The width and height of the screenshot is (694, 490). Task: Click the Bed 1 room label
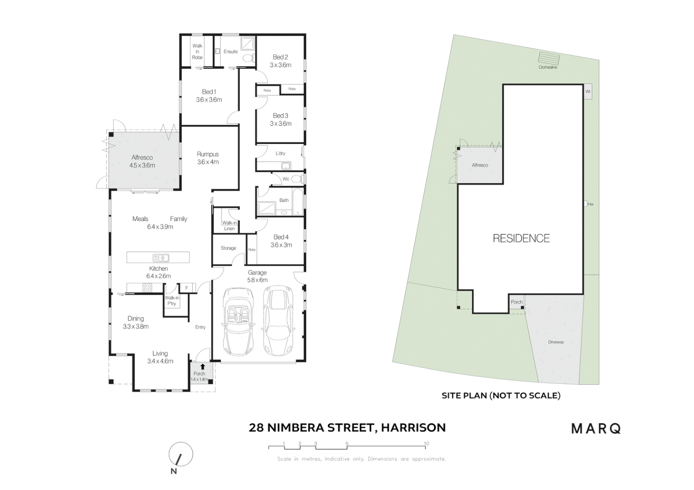pyautogui.click(x=209, y=92)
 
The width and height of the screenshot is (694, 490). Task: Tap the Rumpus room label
pyautogui.click(x=208, y=154)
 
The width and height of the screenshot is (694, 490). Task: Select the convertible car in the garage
pyautogui.click(x=237, y=322)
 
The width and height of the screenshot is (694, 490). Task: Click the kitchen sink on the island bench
pyautogui.click(x=161, y=258)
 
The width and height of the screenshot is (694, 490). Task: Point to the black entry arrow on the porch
pyautogui.click(x=203, y=366)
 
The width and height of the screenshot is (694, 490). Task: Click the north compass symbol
pyautogui.click(x=180, y=455)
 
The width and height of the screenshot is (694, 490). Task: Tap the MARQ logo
pyautogui.click(x=595, y=428)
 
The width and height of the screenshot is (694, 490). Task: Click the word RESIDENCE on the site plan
pyautogui.click(x=521, y=238)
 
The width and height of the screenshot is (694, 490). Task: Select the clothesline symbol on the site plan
pyautogui.click(x=549, y=58)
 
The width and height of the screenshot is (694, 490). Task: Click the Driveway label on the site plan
pyautogui.click(x=555, y=342)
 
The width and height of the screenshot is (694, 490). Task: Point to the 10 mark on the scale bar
pyautogui.click(x=426, y=444)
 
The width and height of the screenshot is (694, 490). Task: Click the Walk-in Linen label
pyautogui.click(x=229, y=225)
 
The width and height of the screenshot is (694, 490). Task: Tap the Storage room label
pyautogui.click(x=228, y=248)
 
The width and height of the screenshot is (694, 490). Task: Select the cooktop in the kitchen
pyautogui.click(x=147, y=287)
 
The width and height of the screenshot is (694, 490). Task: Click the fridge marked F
pyautogui.click(x=186, y=288)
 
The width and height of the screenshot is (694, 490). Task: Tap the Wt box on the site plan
pyautogui.click(x=588, y=92)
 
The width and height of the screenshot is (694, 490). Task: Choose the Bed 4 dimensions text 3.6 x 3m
pyautogui.click(x=281, y=245)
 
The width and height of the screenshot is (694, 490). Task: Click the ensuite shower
pyautogui.click(x=248, y=44)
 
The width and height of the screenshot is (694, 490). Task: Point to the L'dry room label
pyautogui.click(x=280, y=153)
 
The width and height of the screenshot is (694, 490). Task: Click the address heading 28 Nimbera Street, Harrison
pyautogui.click(x=347, y=427)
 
